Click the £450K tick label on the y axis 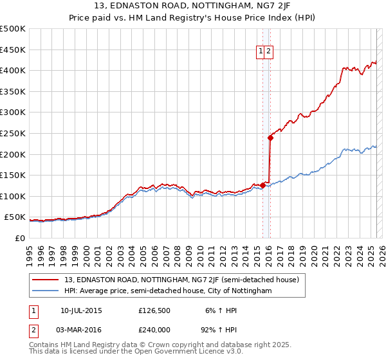[x=12, y=50]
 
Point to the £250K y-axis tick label [x=12, y=133]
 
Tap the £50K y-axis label [x=15, y=217]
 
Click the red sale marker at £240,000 [x=270, y=137]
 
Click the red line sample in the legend [x=46, y=280]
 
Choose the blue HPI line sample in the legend [x=46, y=291]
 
